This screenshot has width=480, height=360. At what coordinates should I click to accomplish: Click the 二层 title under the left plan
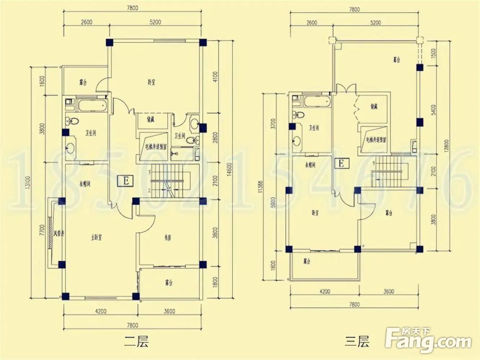[136, 342]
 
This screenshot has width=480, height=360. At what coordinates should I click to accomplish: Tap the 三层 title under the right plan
[357, 342]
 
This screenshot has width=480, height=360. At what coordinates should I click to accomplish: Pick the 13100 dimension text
[30, 183]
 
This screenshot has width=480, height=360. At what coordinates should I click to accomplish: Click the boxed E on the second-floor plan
[126, 181]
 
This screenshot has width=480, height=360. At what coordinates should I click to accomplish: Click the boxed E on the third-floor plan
[341, 164]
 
